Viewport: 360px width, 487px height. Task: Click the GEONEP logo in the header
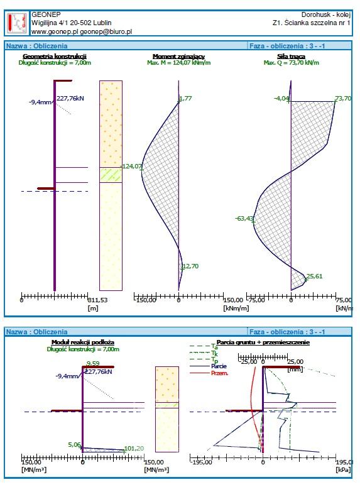click(x=18, y=23)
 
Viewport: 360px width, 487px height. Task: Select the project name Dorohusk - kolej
click(x=326, y=14)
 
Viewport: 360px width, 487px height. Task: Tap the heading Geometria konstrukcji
click(x=55, y=56)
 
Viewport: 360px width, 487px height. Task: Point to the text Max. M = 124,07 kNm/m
click(x=179, y=62)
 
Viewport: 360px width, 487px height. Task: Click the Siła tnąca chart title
click(x=291, y=56)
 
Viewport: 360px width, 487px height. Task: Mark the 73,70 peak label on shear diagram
click(x=343, y=99)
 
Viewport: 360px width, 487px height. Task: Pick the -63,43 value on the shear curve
click(x=244, y=218)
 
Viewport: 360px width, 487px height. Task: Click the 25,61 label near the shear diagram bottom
click(x=314, y=276)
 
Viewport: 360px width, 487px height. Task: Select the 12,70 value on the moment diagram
click(x=191, y=266)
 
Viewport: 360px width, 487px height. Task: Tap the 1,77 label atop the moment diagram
click(x=186, y=99)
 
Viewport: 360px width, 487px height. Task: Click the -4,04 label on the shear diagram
click(x=281, y=99)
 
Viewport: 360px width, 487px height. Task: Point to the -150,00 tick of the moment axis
click(x=145, y=300)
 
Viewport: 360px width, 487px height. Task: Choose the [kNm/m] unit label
click(x=236, y=308)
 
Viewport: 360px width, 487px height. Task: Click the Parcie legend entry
click(x=219, y=366)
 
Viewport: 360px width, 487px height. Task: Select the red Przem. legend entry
click(x=220, y=373)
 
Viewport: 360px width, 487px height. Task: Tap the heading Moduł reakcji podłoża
click(x=83, y=342)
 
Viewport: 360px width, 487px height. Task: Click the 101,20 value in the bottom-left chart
click(x=134, y=449)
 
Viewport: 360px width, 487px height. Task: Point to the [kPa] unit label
click(x=343, y=470)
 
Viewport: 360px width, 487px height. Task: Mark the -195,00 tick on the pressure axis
click(x=201, y=462)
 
